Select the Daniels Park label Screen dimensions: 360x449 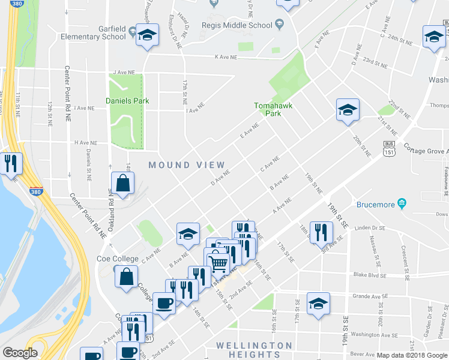(x=127, y=101)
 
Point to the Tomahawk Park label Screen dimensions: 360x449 (x=267, y=109)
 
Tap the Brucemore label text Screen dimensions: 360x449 (x=376, y=205)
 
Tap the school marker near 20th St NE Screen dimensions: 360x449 (x=347, y=110)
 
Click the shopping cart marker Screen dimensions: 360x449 (x=217, y=262)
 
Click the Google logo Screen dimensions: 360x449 (x=20, y=353)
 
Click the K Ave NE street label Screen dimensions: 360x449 (x=226, y=57)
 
